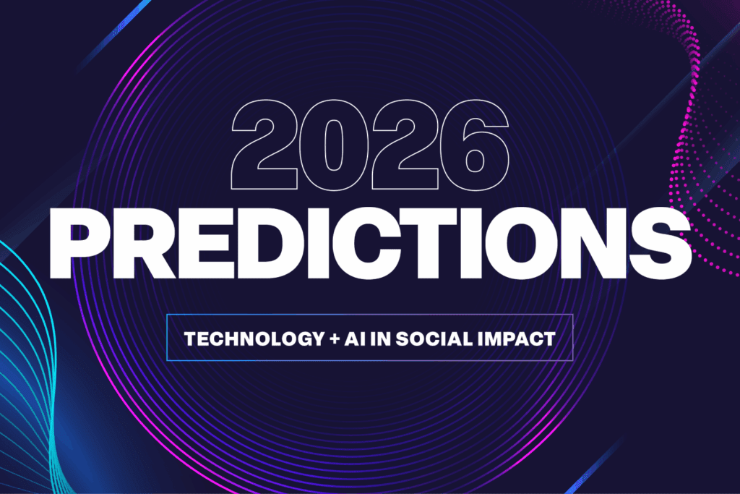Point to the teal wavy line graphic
click(29, 376)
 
